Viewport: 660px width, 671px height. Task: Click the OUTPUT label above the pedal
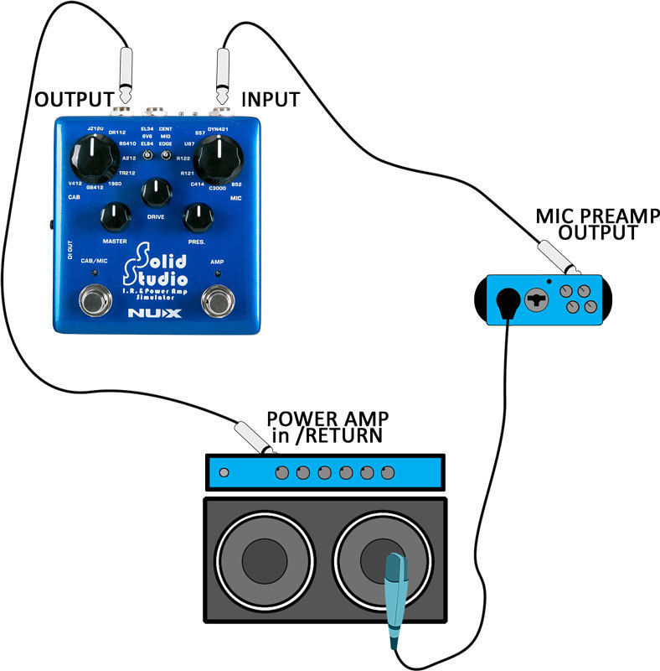73,99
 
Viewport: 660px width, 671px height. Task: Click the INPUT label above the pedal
270,99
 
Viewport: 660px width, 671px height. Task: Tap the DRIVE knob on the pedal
154,194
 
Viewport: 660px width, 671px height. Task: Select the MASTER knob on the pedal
115,219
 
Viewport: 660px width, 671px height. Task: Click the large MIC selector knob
219,156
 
